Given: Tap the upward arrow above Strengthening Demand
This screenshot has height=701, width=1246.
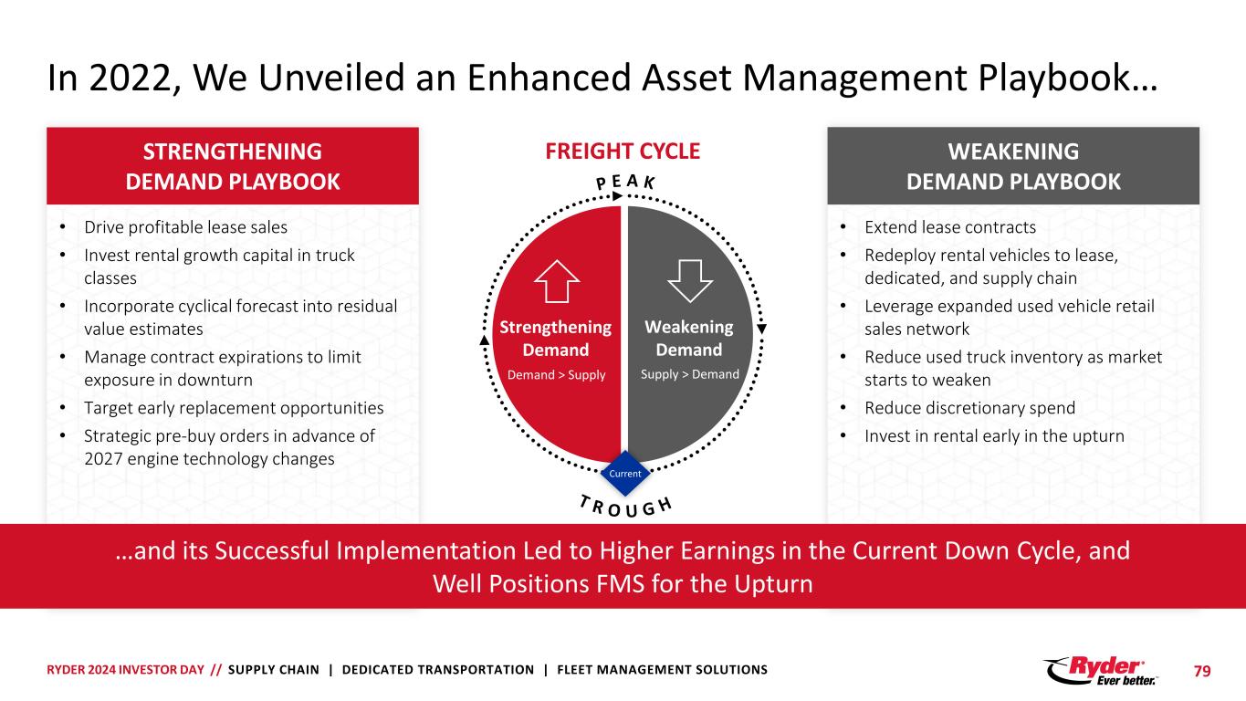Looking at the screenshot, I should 556,280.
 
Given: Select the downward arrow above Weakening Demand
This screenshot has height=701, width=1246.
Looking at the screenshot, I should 689,280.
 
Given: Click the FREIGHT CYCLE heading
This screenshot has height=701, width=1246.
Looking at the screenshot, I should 623,152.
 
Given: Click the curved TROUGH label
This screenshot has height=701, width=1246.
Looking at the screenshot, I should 624,508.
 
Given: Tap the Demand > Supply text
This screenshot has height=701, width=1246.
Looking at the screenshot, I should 556,375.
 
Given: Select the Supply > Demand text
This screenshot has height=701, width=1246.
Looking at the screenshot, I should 689,375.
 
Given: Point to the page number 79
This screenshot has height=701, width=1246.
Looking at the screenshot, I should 1203,671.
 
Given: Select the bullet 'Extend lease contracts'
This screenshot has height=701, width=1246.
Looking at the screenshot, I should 950,227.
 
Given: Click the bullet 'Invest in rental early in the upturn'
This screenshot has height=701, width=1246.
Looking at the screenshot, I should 994,436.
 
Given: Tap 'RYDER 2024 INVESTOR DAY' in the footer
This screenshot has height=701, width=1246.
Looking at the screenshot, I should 126,670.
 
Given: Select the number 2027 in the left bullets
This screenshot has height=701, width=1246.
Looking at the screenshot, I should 99,459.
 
